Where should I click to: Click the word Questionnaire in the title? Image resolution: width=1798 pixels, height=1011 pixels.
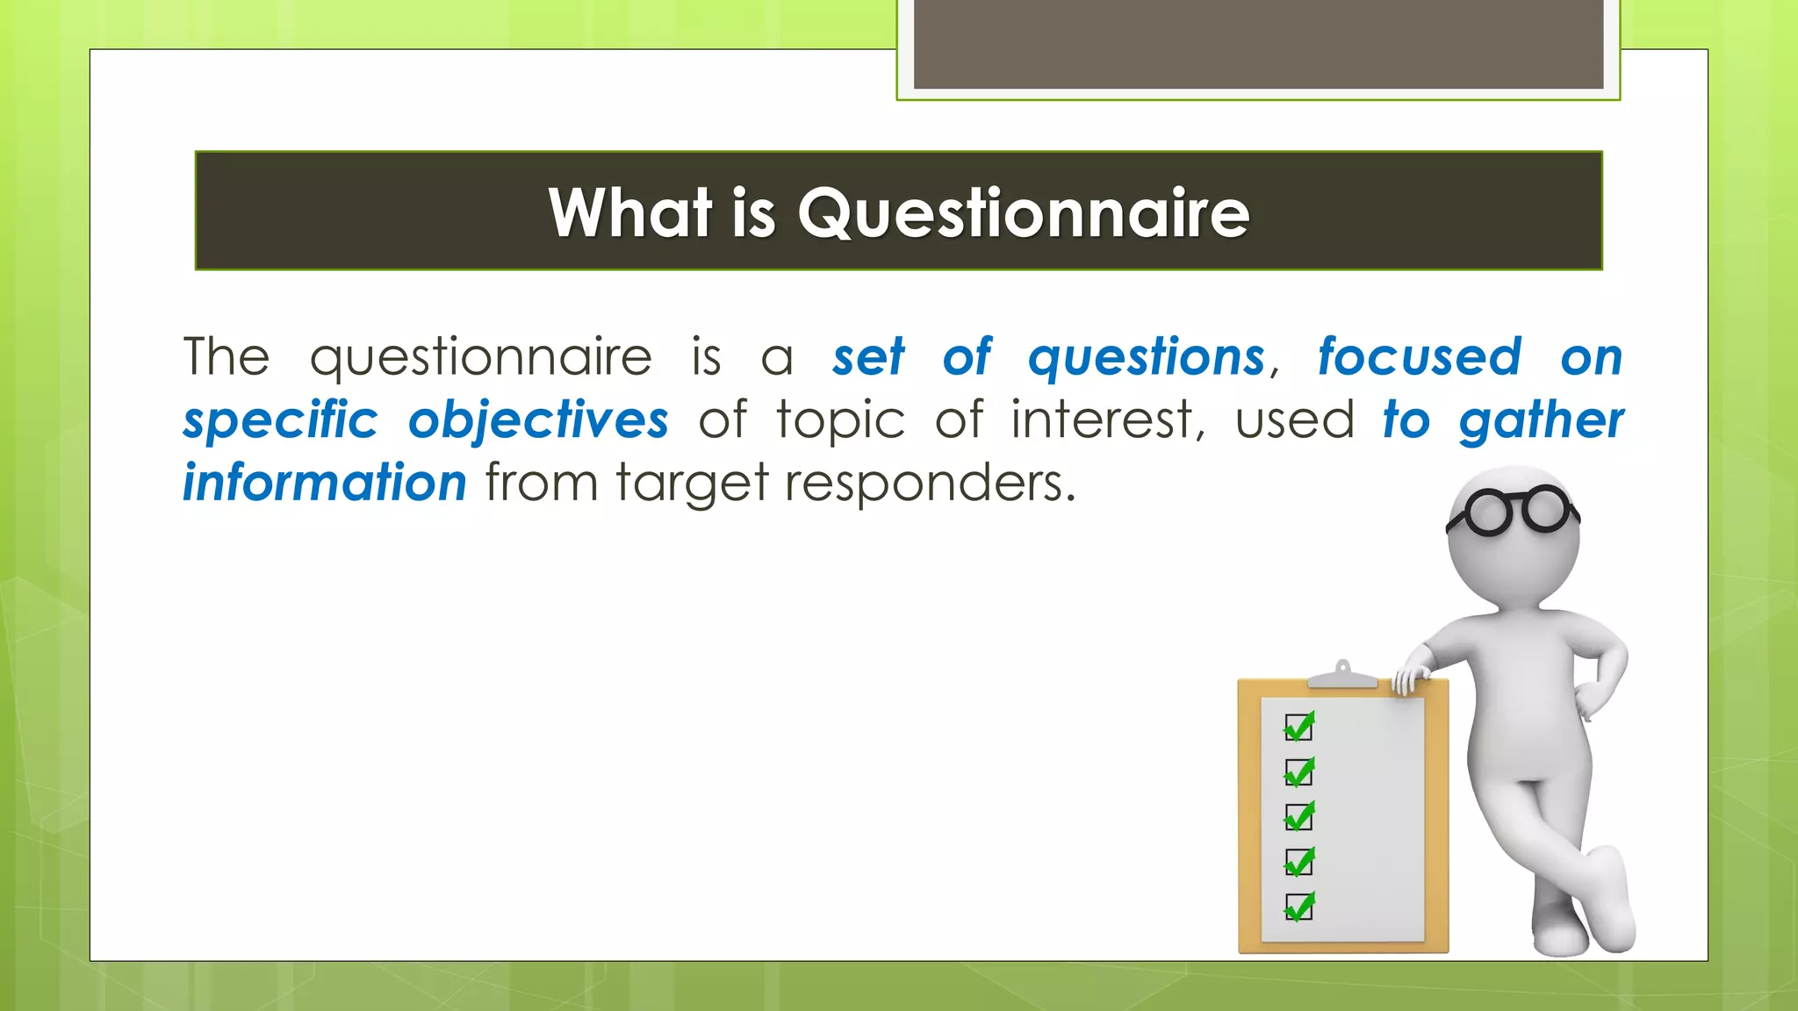pyautogui.click(x=1023, y=213)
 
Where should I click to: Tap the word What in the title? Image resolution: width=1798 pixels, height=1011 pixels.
pyautogui.click(x=629, y=213)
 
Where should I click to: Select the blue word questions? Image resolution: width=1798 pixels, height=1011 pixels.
pyautogui.click(x=1147, y=357)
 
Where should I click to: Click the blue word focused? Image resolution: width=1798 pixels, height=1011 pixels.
pyautogui.click(x=1419, y=357)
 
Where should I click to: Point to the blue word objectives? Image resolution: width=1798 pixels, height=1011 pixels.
pyautogui.click(x=538, y=420)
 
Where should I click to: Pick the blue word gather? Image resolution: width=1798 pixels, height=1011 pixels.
pyautogui.click(x=1541, y=420)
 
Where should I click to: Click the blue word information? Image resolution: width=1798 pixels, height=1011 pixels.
pyautogui.click(x=325, y=483)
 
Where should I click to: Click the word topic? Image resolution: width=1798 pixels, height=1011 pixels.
pyautogui.click(x=840, y=421)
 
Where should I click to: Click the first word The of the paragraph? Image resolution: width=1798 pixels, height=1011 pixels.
pyautogui.click(x=227, y=357)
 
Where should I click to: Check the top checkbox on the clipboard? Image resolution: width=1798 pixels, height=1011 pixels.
pyautogui.click(x=1298, y=728)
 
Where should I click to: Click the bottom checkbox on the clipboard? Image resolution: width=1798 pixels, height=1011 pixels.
pyautogui.click(x=1298, y=907)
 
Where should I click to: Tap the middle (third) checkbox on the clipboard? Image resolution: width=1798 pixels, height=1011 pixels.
pyautogui.click(x=1298, y=817)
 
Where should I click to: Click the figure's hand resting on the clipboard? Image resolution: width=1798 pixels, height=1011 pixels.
pyautogui.click(x=1411, y=678)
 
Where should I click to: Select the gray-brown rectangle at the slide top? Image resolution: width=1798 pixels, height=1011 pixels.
pyautogui.click(x=1258, y=44)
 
